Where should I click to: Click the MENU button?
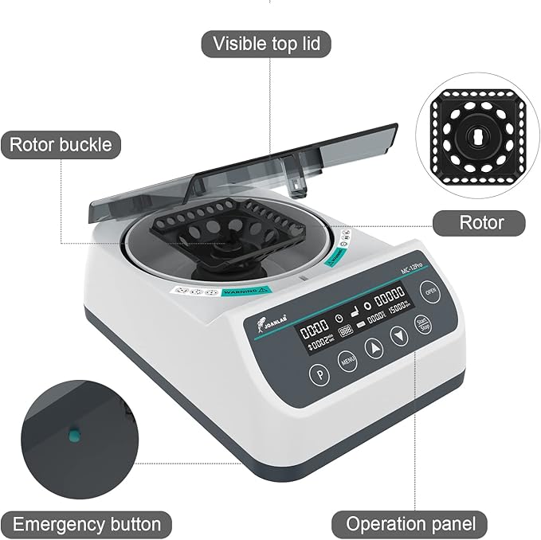[x=347, y=360]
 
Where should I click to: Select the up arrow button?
[x=374, y=348]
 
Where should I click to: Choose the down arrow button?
[x=399, y=337]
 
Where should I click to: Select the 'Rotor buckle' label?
[x=61, y=145]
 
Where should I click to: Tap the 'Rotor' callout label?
[x=480, y=221]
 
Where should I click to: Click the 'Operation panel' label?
[x=410, y=524]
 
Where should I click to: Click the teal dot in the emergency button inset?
[x=73, y=435]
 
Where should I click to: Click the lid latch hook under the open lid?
[x=298, y=188]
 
